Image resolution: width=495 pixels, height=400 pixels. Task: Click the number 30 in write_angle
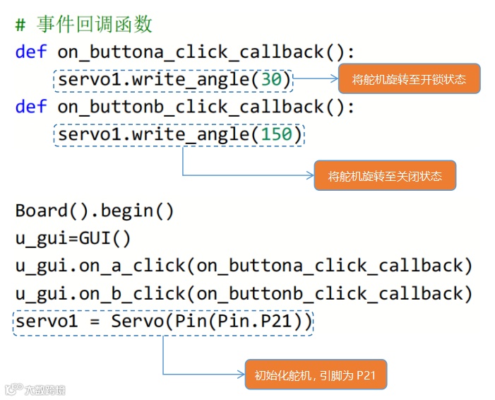point(271,79)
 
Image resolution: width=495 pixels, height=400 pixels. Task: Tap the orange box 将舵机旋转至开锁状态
point(409,79)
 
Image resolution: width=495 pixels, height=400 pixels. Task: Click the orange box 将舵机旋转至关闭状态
point(385,176)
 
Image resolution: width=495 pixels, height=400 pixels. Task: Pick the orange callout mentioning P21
point(315,375)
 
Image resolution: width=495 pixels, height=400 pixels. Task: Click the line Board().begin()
point(95,211)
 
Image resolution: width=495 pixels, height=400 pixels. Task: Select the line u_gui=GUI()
point(73,238)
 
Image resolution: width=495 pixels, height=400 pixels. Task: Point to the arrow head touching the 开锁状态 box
point(335,79)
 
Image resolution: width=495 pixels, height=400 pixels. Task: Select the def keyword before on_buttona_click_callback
point(31,52)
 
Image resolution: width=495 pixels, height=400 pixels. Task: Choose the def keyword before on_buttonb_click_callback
point(31,107)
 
